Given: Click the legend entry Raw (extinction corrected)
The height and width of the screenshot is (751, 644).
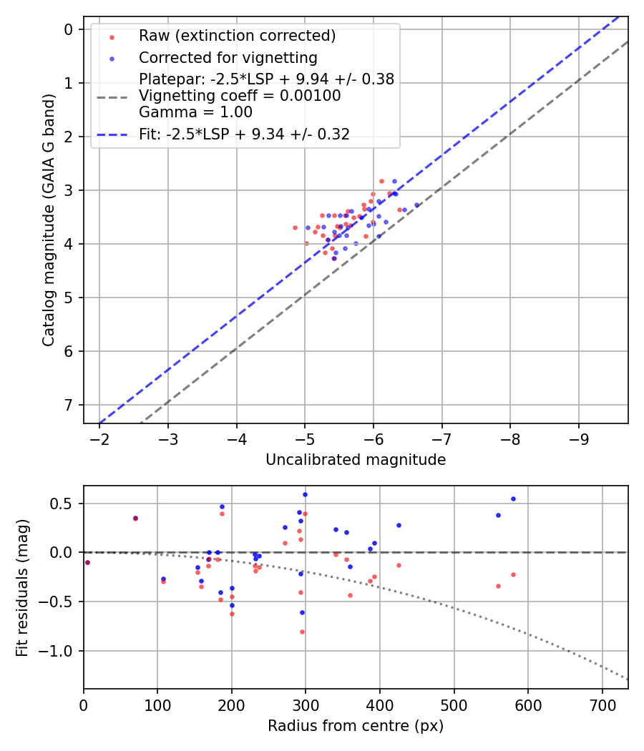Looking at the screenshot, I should coord(237,36).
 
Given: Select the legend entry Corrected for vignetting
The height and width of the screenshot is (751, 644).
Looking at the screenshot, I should coord(228,57).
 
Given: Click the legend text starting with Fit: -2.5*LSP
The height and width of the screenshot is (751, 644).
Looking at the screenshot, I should coord(244,134).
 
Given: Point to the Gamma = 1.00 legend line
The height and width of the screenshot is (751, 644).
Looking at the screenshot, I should coord(195,112).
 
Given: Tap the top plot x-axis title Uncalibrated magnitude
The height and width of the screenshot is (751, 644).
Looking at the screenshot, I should coord(356,460).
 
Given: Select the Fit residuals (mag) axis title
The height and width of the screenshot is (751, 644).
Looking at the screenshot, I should coord(23,587).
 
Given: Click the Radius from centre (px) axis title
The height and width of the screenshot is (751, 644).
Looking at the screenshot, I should coord(356,726).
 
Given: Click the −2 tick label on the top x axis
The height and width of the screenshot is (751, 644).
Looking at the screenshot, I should coord(99,438).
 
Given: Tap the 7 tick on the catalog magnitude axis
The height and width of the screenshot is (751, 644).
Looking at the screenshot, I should coord(69,405).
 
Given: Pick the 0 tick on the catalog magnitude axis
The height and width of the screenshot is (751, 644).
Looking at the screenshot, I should coord(69,29).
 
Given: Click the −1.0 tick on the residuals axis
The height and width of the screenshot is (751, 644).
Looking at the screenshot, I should coord(59,651).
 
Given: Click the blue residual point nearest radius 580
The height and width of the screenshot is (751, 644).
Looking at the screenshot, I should coord(513,499).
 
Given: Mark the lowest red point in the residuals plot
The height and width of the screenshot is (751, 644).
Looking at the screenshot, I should coord(302,632).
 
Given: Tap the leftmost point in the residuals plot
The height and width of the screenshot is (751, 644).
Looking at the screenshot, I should coord(87,562).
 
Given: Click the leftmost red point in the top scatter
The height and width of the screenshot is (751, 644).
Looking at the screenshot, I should coord(295,227).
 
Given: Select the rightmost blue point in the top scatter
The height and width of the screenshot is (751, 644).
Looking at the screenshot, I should coord(416,205).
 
